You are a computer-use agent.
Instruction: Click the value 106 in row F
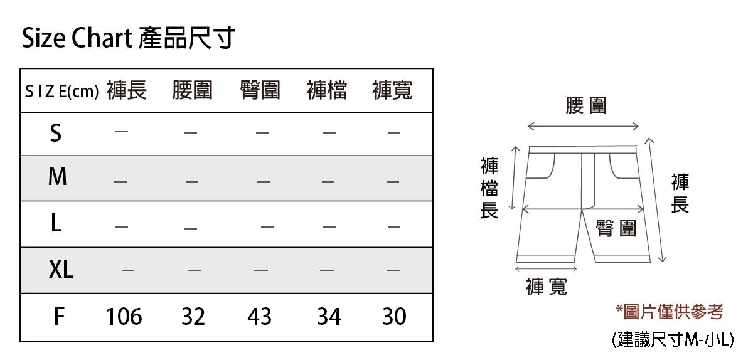pos(124,317)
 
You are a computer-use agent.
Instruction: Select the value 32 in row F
pos(193,317)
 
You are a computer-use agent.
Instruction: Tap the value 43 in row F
pos(259,317)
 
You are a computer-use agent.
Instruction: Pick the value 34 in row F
pos(329,317)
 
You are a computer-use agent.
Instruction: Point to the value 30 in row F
pos(394,317)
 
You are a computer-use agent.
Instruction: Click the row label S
pos(56,133)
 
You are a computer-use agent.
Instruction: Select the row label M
pos(57,177)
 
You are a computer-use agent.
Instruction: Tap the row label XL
pos(61,270)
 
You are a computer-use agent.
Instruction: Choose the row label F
pos(58,317)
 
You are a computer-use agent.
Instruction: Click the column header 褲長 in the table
pos(127,91)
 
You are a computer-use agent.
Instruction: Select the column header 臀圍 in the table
pos(260,91)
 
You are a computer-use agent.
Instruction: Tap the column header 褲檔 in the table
pos(327,91)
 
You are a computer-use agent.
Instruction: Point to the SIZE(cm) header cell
pos(61,92)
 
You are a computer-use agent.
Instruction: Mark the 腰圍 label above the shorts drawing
pos(586,106)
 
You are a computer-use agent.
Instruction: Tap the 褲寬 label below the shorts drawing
pos(547,287)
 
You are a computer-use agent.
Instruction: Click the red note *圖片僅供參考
pos(669,312)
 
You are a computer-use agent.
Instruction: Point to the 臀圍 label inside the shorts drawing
pos(616,229)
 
